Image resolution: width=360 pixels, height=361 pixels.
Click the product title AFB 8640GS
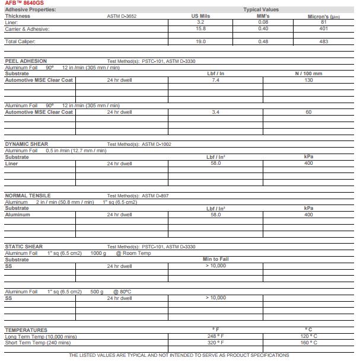point(21,4)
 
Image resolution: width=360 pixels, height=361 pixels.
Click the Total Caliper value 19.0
point(201,41)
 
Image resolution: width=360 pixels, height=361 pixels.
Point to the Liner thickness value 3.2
point(201,22)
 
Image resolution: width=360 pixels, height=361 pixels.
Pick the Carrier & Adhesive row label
point(27,28)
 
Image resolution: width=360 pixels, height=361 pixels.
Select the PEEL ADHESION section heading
point(27,61)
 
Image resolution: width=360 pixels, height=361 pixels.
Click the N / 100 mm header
point(308,74)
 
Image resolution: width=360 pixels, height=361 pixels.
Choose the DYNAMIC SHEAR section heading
point(27,144)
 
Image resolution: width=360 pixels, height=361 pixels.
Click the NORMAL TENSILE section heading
point(28,196)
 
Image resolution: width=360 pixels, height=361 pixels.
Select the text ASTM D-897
point(156,196)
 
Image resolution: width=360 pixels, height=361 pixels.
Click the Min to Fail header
point(216,259)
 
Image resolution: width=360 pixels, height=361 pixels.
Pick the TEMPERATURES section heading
point(26,330)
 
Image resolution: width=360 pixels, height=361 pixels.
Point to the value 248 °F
point(216,336)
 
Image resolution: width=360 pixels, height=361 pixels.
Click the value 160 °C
point(308,343)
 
